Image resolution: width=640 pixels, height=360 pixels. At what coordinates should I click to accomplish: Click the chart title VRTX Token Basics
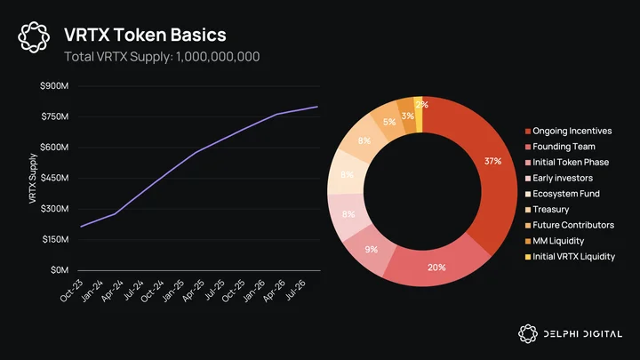145,35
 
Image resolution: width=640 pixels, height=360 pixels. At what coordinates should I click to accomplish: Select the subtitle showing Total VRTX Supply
162,56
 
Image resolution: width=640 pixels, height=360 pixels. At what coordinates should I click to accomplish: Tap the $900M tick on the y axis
54,85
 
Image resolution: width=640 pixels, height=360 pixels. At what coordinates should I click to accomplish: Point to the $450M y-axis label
54,178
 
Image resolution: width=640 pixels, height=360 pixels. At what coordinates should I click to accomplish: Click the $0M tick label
60,270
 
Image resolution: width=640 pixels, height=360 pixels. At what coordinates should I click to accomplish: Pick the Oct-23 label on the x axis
71,291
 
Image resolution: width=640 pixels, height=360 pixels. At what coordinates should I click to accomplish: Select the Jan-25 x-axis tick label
172,291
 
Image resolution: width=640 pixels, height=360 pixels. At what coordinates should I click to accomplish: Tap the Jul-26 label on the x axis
295,290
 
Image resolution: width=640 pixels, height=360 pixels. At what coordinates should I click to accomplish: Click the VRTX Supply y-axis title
33,179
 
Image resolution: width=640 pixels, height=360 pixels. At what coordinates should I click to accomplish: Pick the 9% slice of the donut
370,250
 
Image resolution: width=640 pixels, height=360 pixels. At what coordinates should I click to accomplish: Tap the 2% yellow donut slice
418,115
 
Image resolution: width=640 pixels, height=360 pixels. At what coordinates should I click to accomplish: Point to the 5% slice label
389,122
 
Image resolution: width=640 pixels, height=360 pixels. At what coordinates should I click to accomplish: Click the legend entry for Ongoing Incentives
568,131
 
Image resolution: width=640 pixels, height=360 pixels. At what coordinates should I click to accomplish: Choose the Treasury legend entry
547,210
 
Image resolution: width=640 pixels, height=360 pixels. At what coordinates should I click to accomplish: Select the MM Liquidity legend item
555,241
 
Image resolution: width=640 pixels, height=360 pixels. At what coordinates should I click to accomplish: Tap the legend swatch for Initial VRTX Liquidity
528,257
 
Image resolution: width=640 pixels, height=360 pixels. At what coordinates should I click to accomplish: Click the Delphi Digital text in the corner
583,334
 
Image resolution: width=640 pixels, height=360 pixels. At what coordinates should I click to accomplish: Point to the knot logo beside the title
34,37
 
